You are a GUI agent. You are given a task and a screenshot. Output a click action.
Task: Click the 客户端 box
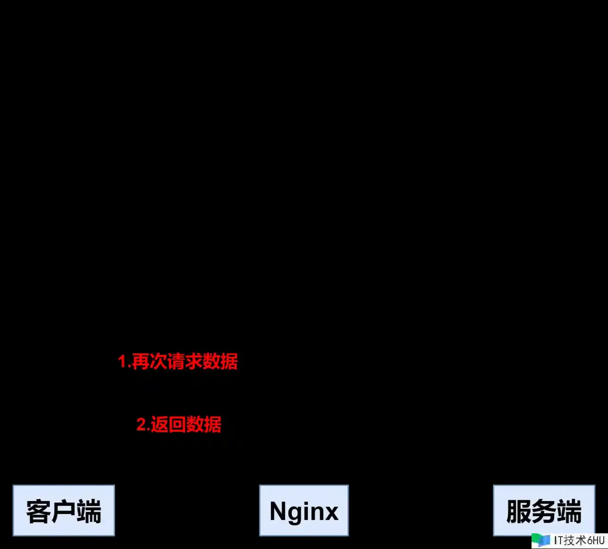coord(64,511)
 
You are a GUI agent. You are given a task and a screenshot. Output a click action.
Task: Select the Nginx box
coord(304,511)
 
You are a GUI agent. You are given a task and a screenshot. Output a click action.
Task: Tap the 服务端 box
coord(544,511)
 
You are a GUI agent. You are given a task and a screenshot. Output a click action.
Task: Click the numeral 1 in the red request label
coord(123,361)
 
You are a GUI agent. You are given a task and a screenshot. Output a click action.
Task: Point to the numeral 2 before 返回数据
coord(142,424)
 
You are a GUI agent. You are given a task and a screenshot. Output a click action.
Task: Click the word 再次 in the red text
coord(150,361)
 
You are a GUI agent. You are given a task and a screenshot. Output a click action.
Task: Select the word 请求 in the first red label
coord(185,361)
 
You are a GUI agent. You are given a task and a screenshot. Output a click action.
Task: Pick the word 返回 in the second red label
coord(168,424)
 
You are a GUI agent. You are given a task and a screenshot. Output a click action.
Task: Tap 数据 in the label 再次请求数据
coord(220,361)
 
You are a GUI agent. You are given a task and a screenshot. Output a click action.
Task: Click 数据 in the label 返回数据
coord(204,424)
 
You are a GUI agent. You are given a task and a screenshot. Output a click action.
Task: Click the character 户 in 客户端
coord(63,512)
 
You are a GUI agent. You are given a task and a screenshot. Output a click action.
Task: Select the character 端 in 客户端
coord(89,512)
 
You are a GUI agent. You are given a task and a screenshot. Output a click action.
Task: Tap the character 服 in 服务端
coord(519,512)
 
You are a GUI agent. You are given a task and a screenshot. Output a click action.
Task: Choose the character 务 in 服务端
coord(544,512)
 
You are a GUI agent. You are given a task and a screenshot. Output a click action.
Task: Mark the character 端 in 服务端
coord(570,512)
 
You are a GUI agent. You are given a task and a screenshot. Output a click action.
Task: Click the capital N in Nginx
coord(277,511)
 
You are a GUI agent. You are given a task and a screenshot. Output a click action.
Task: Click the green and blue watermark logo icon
coord(541,540)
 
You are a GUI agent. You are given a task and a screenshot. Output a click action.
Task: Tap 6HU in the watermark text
coord(595,540)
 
